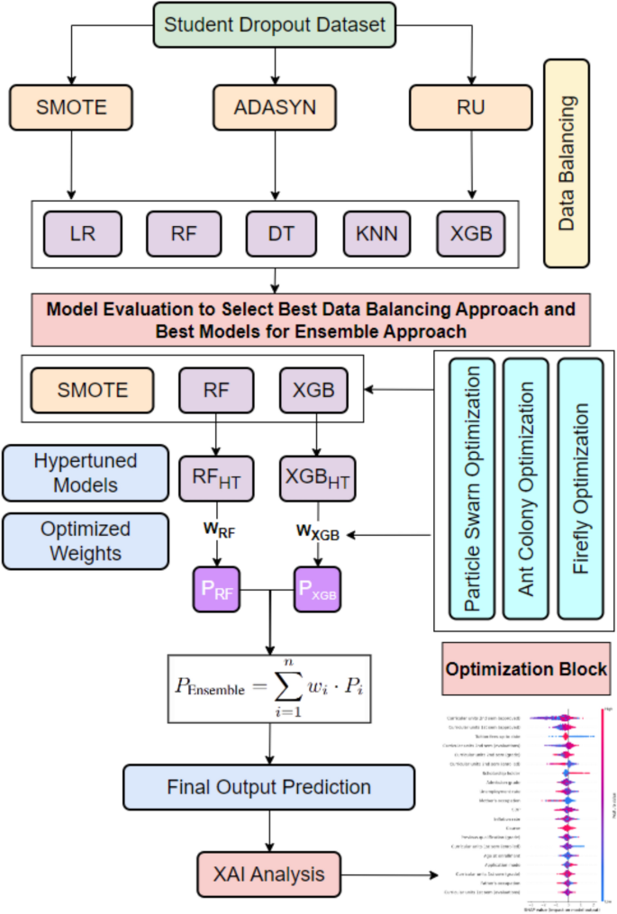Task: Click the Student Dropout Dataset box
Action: (269, 25)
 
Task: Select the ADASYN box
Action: (269, 108)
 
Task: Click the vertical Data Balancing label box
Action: (566, 164)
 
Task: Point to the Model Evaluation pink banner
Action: (310, 320)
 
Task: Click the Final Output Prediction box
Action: (269, 786)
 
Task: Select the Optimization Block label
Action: (524, 670)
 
